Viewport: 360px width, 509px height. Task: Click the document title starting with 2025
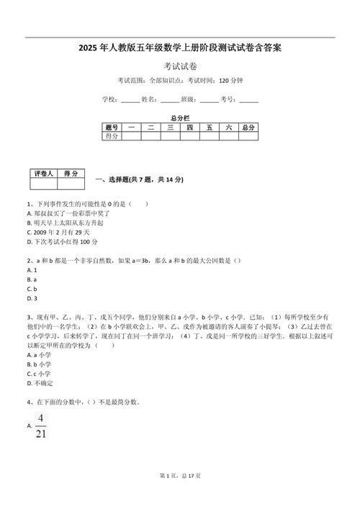click(x=180, y=48)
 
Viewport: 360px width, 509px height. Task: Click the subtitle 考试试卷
click(x=180, y=66)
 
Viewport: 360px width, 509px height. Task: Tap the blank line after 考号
click(x=248, y=99)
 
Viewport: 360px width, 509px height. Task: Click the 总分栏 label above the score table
click(x=180, y=117)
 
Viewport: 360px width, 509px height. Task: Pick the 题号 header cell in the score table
click(x=112, y=127)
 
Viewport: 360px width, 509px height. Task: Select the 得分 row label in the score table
click(x=112, y=135)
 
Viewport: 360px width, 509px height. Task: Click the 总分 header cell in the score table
click(x=248, y=127)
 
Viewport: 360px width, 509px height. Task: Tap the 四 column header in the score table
click(x=189, y=127)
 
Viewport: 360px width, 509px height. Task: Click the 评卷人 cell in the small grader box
click(x=42, y=174)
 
